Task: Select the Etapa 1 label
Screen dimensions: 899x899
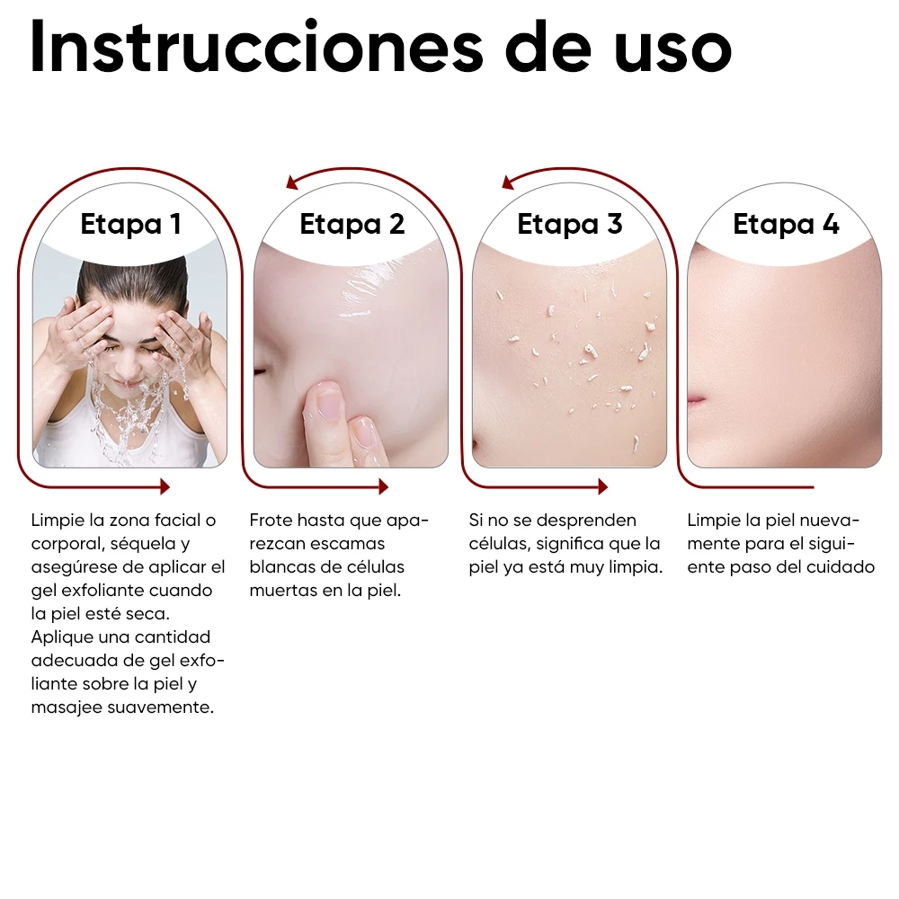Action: click(x=131, y=224)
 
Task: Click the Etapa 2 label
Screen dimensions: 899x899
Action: click(x=352, y=224)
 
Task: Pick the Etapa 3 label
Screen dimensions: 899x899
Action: click(x=570, y=224)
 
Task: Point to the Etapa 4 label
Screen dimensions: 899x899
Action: click(x=787, y=224)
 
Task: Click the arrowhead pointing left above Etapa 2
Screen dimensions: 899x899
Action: click(x=292, y=182)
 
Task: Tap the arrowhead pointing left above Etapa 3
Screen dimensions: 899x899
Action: click(x=509, y=182)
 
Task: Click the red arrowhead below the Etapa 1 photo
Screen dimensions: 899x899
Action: click(x=165, y=486)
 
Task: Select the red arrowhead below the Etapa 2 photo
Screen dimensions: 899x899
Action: click(x=383, y=486)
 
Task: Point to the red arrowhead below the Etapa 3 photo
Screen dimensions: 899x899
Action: click(x=602, y=486)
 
